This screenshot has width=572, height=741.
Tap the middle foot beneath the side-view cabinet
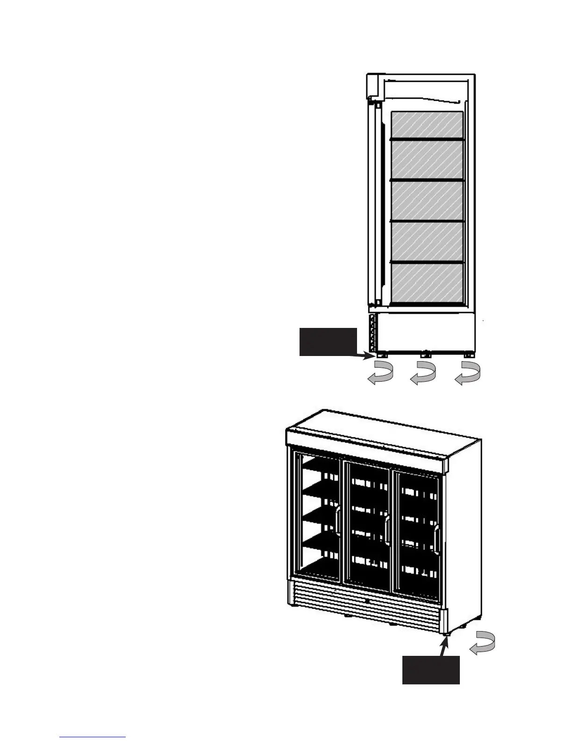point(425,354)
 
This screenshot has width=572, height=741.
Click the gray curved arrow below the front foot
point(380,375)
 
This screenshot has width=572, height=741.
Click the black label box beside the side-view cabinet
point(328,342)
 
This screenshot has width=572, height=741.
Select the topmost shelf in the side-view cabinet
point(427,138)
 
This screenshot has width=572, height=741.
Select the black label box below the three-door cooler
point(431,670)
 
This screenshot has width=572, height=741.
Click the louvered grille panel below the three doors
point(365,603)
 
